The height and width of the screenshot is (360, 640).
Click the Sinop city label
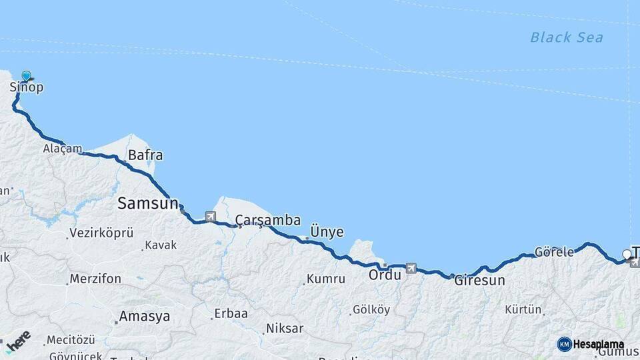tap(27, 87)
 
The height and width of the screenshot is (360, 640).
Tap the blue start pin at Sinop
tap(27, 76)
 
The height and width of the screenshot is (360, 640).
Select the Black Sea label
tap(566, 37)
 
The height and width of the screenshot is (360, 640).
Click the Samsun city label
tap(147, 203)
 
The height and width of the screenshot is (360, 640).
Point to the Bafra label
tap(145, 155)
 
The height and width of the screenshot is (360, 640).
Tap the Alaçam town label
tap(63, 149)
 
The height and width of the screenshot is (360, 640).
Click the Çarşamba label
tap(267, 220)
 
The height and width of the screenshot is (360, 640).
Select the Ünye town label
tap(327, 232)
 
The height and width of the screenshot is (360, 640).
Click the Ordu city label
tap(385, 275)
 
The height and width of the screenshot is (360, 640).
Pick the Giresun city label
tap(479, 281)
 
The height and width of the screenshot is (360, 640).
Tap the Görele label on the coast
tap(553, 253)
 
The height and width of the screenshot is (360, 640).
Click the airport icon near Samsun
tap(211, 216)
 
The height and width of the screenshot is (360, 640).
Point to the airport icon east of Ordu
tap(410, 268)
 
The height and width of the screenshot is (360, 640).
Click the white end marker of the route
tap(626, 254)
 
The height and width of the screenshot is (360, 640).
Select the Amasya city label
tap(144, 317)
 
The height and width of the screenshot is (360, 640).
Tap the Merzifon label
tap(95, 279)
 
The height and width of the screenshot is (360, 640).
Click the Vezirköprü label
tap(101, 233)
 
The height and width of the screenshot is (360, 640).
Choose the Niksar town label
tap(285, 328)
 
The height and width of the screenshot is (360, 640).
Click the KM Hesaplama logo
tap(591, 344)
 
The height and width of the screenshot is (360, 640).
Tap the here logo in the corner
tap(18, 341)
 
